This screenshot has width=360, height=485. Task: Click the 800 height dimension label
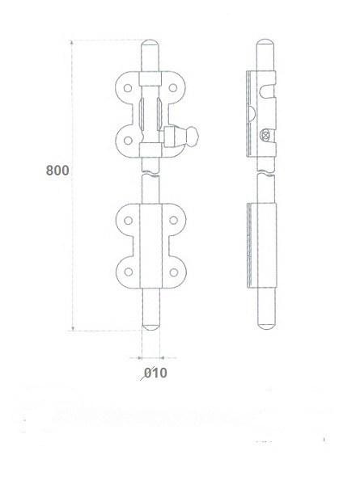pos(57,171)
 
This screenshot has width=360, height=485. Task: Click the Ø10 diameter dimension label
pos(154,373)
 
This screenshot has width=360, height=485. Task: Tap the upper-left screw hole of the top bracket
pos(128,88)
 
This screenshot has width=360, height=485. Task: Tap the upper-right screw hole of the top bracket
pos(173,88)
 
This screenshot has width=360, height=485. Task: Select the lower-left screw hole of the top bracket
pos(128,141)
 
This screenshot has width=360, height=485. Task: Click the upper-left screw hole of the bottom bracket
pos(128,221)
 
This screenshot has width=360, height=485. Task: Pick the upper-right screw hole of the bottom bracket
pos(174,220)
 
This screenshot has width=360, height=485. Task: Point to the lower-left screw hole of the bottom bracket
pos(129,272)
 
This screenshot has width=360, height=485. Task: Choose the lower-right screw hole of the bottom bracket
pos(174,272)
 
